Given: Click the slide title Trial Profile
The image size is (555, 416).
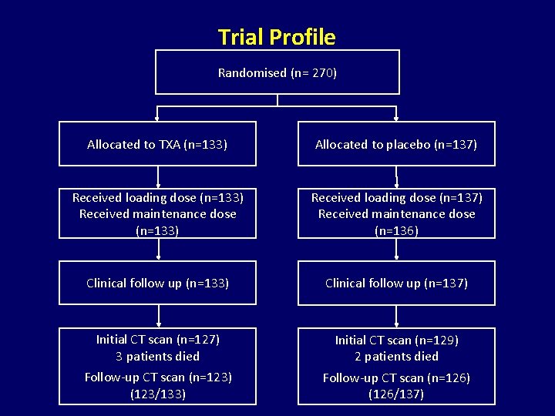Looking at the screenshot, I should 277,37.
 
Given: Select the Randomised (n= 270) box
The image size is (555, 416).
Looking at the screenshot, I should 277,72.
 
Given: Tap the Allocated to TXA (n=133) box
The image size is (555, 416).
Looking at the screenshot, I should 157,144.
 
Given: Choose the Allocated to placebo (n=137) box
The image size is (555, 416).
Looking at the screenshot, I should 396,144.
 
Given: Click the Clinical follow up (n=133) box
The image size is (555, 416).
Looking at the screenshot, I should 157,283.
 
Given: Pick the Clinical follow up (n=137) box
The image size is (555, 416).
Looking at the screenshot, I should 396,283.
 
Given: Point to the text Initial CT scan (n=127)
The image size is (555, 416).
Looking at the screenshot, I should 157,339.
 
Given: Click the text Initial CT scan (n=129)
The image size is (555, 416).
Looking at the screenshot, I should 396,340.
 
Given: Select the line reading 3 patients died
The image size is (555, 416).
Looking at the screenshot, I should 157,356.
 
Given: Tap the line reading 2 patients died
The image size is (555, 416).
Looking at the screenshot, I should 396,356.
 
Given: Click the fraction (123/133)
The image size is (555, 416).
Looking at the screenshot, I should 157,393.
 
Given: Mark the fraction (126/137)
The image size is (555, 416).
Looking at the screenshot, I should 396,394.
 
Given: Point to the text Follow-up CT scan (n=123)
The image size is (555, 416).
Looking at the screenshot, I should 157,377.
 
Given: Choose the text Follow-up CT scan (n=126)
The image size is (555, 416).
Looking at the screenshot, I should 396,377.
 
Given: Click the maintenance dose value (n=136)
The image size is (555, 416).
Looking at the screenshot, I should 396,230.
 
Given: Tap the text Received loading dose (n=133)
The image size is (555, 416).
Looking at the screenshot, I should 157,197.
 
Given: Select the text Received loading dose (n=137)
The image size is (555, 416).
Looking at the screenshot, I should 396,197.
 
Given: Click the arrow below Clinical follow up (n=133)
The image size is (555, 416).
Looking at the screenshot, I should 158,317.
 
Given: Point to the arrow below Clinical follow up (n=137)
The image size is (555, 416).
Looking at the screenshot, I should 396,317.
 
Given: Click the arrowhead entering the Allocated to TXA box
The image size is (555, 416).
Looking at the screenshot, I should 158,118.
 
